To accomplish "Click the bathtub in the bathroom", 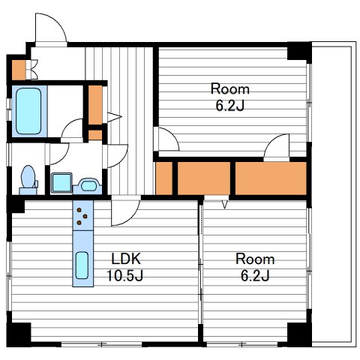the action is point(28,111).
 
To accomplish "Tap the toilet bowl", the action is point(28,177).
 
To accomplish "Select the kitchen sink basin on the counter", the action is point(82,265).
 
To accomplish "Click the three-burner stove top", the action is point(82,215).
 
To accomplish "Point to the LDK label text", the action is point(126,259).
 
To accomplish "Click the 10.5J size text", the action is point(125,275).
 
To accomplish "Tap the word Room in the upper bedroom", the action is point(230,89).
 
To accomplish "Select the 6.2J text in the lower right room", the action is point(255,275).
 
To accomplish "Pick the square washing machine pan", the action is point(61,183).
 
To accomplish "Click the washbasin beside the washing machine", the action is point(88,185).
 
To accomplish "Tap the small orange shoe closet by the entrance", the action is point(19,70).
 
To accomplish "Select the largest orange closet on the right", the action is point(271,178).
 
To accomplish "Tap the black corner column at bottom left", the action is point(19,334).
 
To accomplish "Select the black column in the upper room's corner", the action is point(299,51).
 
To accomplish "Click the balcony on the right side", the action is point(334,194).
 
